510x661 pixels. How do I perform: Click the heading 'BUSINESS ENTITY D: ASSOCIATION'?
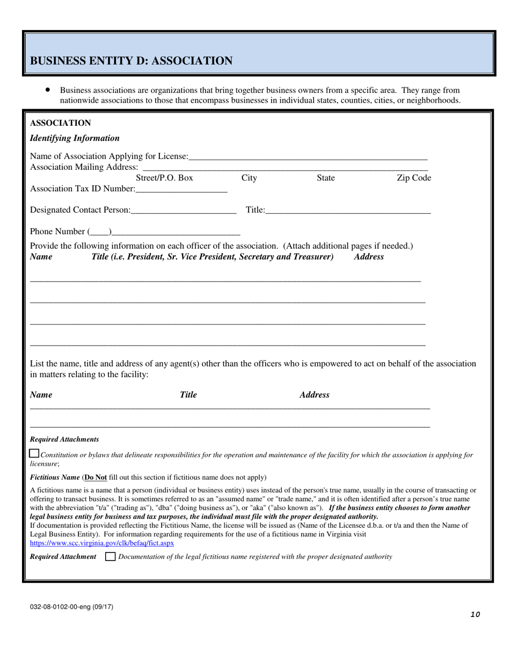coord(131,61)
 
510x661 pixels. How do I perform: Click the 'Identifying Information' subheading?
coord(75,138)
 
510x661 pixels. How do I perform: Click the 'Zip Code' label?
coord(413,178)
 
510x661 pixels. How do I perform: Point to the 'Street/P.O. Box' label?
coord(164,178)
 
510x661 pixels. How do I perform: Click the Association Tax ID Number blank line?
coord(181,189)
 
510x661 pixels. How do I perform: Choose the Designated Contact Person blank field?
coord(183,211)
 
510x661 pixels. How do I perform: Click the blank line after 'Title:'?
coord(348,211)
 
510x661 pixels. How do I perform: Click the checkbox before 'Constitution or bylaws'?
coord(34,454)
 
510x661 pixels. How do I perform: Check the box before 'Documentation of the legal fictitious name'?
coord(110,557)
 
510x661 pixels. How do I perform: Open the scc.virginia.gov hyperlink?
coord(102,543)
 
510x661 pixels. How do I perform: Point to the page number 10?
coord(475,615)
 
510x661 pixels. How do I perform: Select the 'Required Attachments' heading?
coord(64,439)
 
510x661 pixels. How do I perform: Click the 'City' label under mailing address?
coord(249,178)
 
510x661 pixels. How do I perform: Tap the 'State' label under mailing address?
coord(325,178)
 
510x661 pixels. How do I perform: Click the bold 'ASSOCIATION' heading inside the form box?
coord(60,123)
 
